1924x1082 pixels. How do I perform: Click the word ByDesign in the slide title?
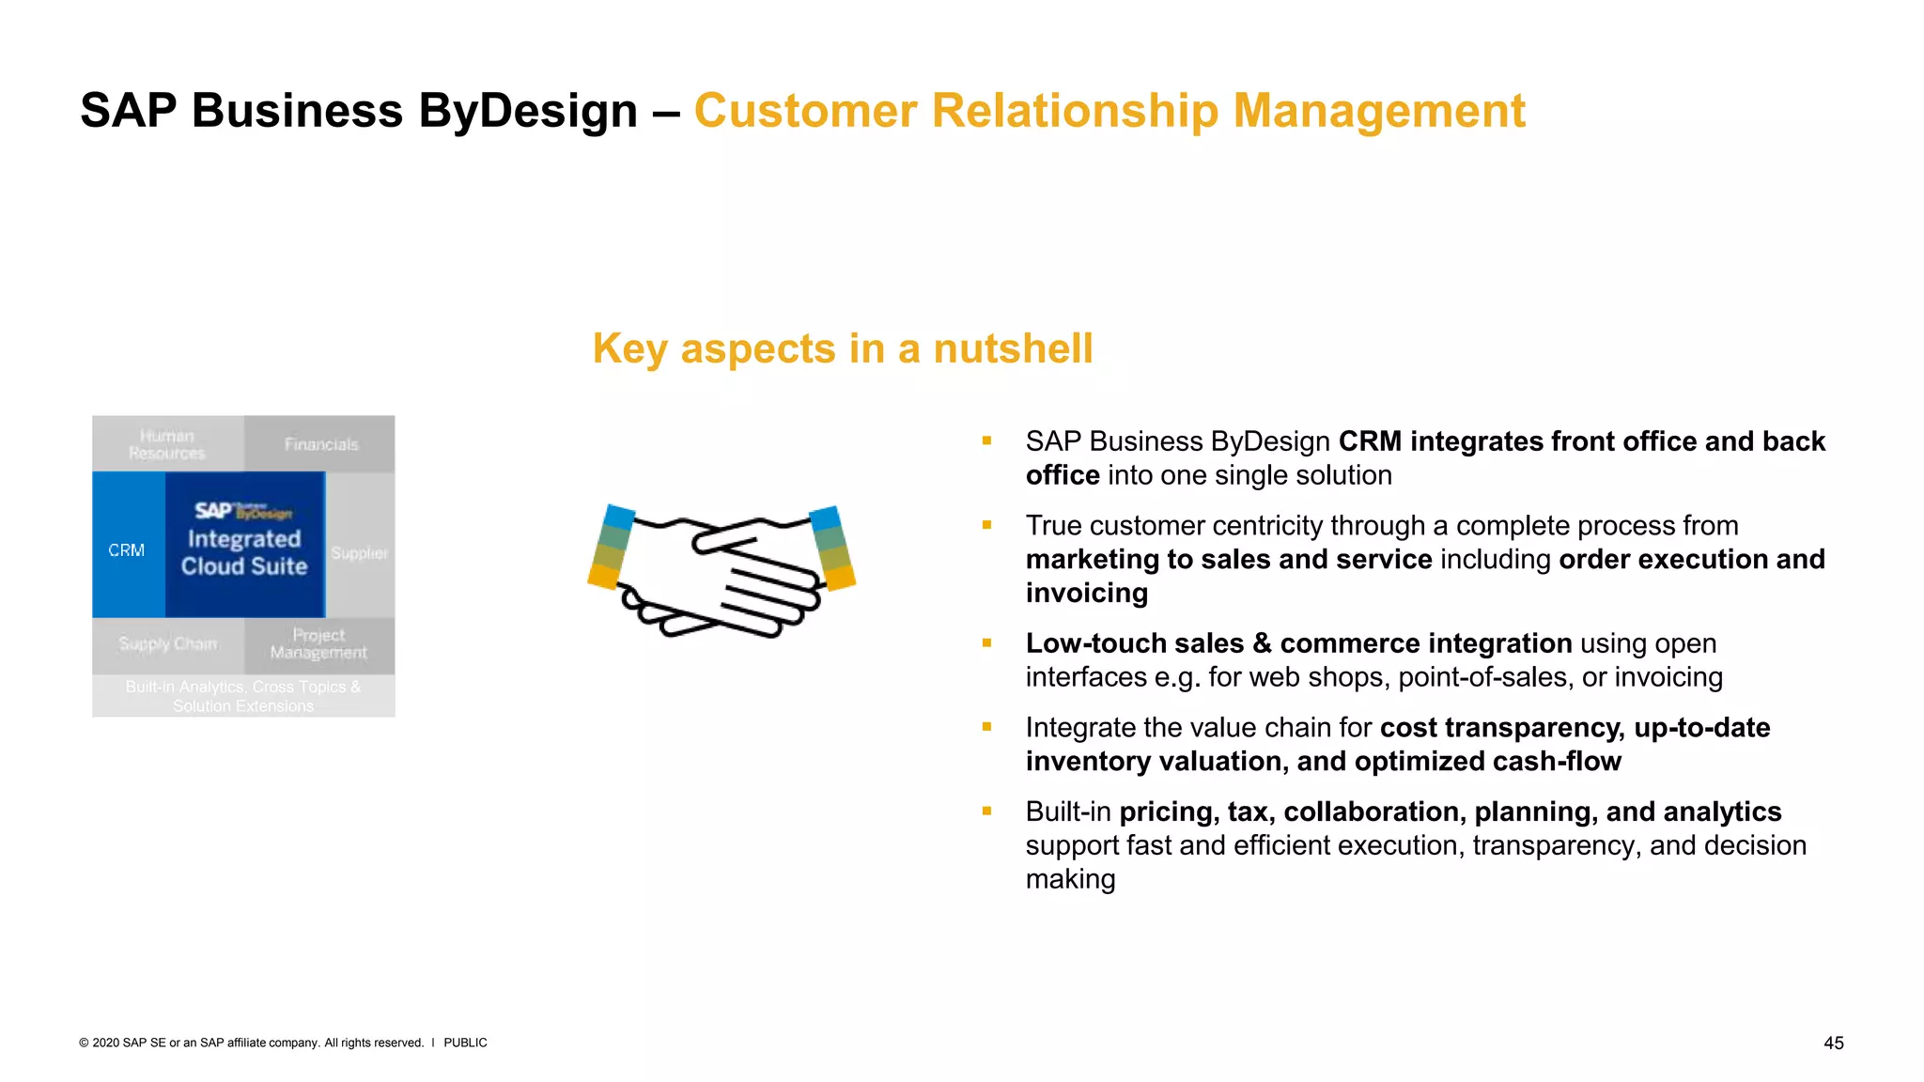tap(527, 111)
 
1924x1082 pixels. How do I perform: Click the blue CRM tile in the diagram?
tap(128, 549)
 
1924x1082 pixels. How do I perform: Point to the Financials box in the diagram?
tap(320, 444)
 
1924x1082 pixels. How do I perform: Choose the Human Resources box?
tap(167, 444)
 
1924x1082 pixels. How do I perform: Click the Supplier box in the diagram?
tap(360, 552)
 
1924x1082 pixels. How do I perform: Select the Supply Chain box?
tap(168, 644)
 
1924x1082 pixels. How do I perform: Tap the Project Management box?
tap(319, 644)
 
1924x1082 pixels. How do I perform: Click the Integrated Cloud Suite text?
tap(244, 552)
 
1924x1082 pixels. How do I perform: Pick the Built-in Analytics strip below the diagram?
tap(243, 696)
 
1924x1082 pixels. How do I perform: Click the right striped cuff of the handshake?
tap(832, 548)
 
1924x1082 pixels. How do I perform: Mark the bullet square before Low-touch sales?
tap(986, 643)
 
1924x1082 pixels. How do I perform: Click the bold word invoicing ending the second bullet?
tap(1086, 593)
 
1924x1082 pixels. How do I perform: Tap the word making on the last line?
tap(1070, 879)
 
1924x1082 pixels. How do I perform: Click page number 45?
tap(1833, 1043)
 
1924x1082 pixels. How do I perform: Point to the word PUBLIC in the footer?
tap(465, 1043)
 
